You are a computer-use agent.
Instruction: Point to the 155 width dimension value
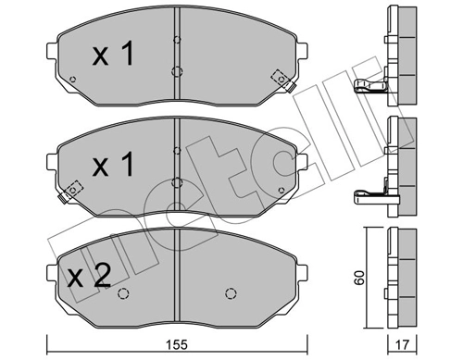coord(178,344)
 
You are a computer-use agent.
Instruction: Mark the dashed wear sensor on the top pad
coord(275,78)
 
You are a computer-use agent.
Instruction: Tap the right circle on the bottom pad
coord(229,294)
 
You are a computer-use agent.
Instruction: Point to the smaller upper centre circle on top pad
coord(176,39)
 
